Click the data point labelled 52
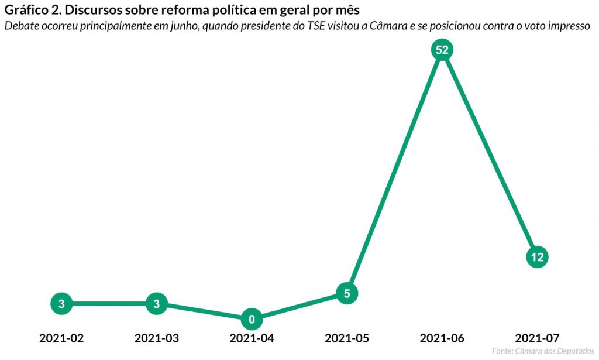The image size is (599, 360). pos(442,50)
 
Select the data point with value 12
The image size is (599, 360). pos(537,256)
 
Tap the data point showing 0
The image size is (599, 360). pos(252,319)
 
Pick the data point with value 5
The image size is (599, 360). pos(347,293)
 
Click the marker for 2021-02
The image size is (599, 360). pos(61,304)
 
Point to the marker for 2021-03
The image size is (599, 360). pos(156,304)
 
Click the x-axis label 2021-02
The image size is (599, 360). pos(61,338)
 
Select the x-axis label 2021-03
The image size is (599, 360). pos(156,338)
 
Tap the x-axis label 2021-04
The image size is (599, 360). pos(252,338)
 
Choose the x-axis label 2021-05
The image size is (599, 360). pos(347,338)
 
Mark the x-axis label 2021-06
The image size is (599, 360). pos(442,338)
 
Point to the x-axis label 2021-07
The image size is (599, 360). pos(537,338)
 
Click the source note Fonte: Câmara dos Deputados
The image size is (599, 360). pos(539,351)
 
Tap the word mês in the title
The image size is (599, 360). pos(346,11)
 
